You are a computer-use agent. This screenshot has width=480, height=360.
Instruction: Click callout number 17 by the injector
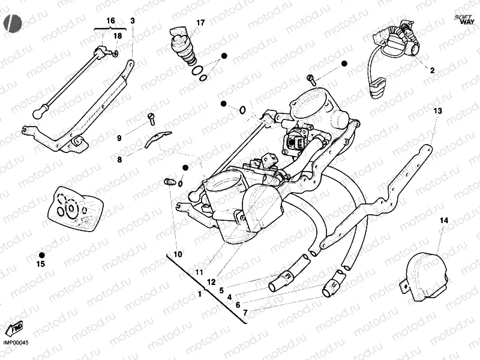[200, 23]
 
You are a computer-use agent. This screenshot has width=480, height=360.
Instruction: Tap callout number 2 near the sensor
[431, 70]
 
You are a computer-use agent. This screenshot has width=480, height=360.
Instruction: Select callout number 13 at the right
[437, 111]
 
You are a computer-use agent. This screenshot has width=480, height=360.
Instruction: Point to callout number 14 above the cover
[444, 221]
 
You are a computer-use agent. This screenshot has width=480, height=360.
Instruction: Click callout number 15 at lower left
[41, 263]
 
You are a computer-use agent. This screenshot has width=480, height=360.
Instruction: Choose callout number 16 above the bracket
[110, 21]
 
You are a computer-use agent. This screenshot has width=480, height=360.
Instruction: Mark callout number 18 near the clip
[118, 36]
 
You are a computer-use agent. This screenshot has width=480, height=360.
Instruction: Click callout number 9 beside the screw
[119, 138]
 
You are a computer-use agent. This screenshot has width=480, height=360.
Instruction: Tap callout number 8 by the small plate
[119, 160]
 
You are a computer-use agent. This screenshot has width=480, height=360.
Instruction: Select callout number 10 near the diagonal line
[178, 254]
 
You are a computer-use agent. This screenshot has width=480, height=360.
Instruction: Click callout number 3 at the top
[133, 21]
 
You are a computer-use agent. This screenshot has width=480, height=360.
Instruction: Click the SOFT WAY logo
[463, 18]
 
